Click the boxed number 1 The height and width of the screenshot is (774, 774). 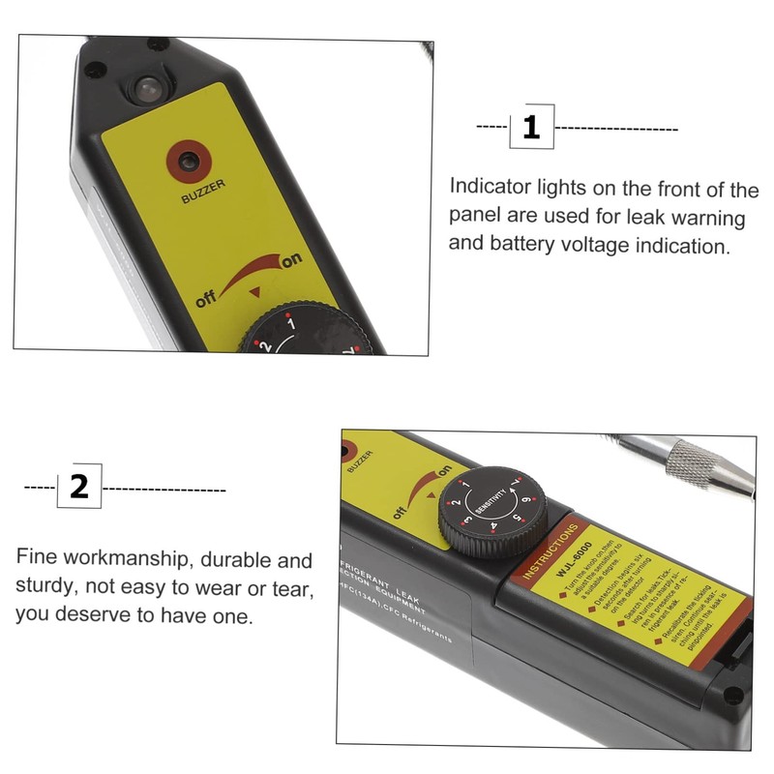[531, 128]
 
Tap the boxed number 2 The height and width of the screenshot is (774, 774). [79, 486]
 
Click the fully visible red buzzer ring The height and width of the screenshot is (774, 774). [187, 159]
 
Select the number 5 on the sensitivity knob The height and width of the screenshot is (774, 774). [519, 519]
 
